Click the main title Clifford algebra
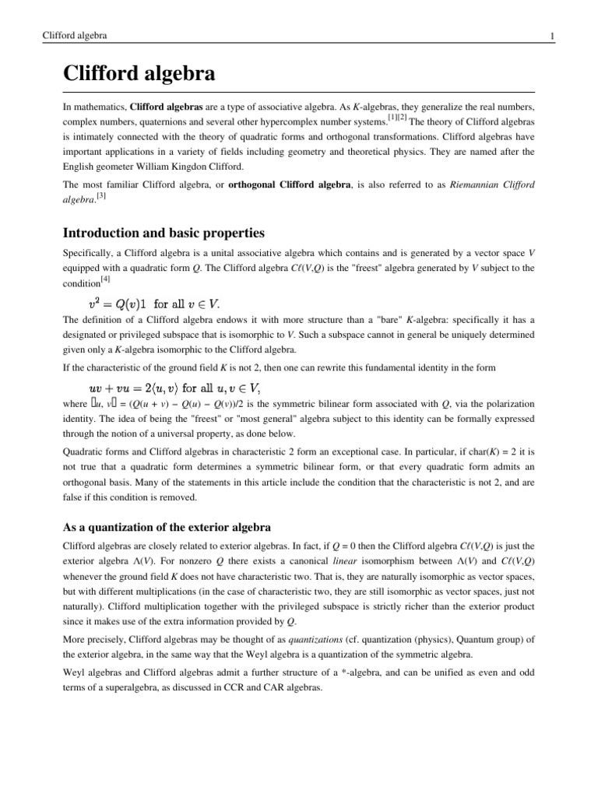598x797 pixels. [x=139, y=75]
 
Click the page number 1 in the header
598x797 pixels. [x=551, y=36]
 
